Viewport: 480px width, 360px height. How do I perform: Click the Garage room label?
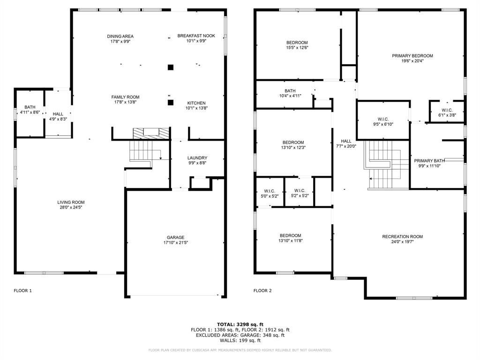tap(175, 237)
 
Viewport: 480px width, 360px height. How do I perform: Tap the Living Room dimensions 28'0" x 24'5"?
tap(72, 208)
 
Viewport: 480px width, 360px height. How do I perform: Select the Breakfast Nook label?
tap(196, 36)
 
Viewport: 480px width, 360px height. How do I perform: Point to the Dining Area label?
tap(120, 36)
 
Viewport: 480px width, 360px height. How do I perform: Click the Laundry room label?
tap(197, 158)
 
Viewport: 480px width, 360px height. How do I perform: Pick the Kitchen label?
tap(196, 103)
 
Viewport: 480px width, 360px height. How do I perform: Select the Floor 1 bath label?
tap(30, 107)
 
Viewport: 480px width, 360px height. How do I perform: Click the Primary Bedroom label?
tap(412, 56)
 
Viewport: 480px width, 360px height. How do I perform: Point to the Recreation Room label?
tap(402, 237)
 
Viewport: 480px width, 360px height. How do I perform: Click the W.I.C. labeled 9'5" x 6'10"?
tap(383, 120)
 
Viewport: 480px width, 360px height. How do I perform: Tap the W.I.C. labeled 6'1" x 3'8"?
tap(447, 110)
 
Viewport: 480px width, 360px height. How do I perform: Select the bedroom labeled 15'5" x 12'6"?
tap(297, 43)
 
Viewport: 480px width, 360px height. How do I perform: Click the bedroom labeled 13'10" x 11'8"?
tap(291, 236)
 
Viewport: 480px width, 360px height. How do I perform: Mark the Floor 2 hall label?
tap(346, 141)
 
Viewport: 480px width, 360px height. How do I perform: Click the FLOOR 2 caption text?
tap(262, 291)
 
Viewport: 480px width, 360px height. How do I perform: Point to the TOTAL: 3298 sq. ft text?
tap(240, 324)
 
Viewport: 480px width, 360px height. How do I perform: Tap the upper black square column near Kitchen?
tap(171, 67)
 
